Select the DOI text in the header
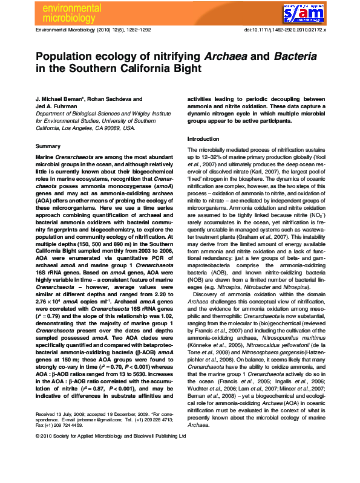pyautogui.click(x=284, y=30)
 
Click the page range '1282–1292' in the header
pyautogui.click(x=154, y=30)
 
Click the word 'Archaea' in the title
pyautogui.click(x=229, y=56)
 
